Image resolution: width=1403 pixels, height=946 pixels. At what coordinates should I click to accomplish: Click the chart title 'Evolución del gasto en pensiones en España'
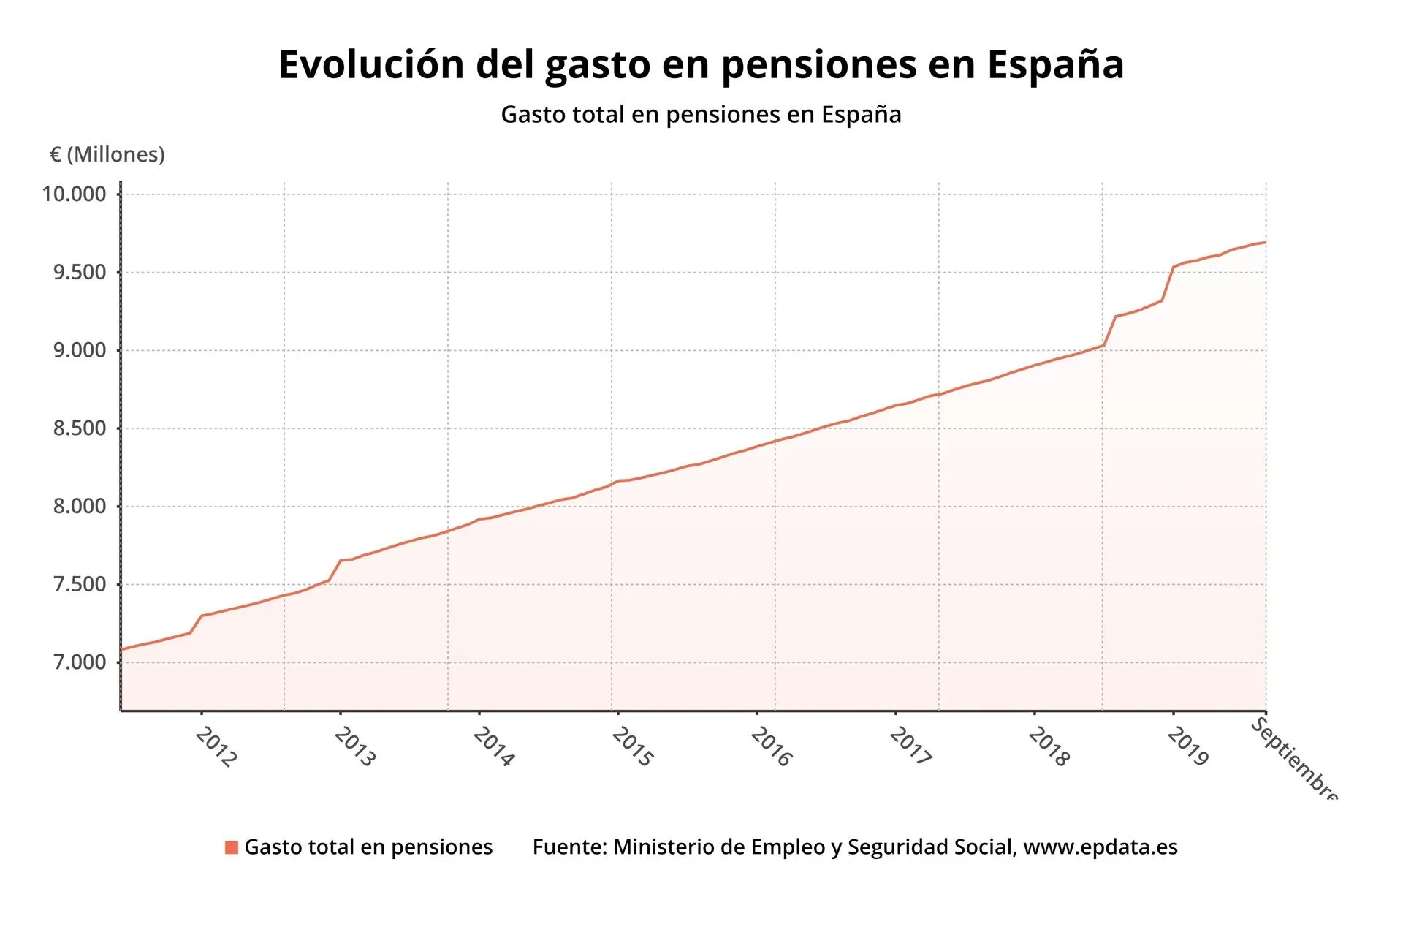click(x=701, y=64)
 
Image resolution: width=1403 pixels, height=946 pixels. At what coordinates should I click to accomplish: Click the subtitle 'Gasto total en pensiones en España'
click(x=701, y=115)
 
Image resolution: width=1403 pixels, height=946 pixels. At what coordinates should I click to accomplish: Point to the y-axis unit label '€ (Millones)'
click(x=107, y=154)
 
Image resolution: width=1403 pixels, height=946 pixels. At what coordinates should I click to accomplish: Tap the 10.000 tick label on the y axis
click(x=74, y=194)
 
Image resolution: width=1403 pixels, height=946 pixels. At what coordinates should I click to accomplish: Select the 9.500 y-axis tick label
click(x=79, y=273)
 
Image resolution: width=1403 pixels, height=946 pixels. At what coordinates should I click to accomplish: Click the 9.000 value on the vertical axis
click(x=79, y=350)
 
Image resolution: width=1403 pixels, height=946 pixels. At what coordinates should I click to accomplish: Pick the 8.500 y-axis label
click(x=79, y=428)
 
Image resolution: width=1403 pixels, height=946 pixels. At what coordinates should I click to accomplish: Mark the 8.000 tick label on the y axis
click(x=79, y=507)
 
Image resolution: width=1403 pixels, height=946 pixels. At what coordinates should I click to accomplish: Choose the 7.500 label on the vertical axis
click(x=79, y=585)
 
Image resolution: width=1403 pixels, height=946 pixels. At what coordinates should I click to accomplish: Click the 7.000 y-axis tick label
click(x=79, y=662)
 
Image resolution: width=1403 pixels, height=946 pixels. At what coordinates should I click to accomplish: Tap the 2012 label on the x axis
click(x=216, y=747)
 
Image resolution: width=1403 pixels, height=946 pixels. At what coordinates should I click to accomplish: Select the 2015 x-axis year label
click(x=633, y=747)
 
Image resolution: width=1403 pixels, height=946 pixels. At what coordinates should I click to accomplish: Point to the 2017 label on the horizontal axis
click(x=910, y=747)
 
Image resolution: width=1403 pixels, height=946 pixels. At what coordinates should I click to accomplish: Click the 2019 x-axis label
click(x=1188, y=747)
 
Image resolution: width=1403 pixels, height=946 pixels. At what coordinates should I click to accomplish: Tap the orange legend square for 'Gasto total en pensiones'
click(x=232, y=847)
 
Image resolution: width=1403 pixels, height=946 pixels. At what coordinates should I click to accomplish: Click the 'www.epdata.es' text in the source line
click(x=1100, y=847)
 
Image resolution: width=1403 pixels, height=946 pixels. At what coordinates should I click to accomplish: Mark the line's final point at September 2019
click(x=1266, y=242)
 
